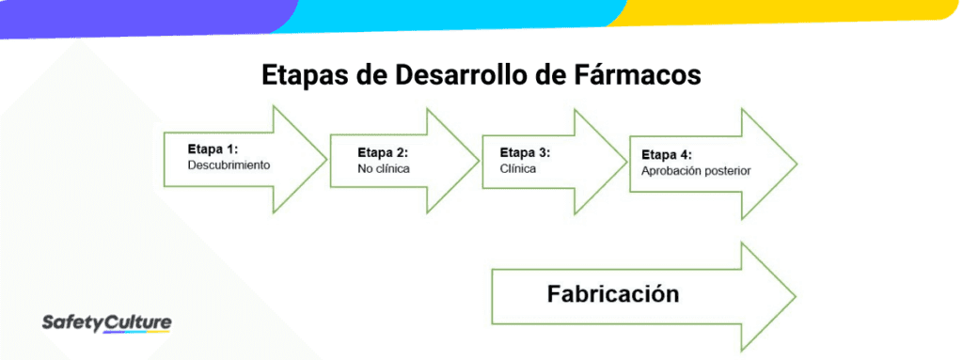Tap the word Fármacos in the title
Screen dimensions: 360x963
(x=640, y=76)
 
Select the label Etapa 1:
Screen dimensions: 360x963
(x=213, y=149)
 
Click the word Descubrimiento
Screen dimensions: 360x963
(x=229, y=164)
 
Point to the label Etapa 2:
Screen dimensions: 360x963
(x=383, y=152)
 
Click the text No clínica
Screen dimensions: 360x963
(x=384, y=169)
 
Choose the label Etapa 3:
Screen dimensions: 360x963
(x=525, y=151)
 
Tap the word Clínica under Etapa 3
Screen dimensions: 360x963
(x=518, y=168)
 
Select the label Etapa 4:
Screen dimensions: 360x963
(x=667, y=154)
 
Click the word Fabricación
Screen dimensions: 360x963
(x=612, y=293)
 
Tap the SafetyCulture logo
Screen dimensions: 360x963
(x=107, y=323)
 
